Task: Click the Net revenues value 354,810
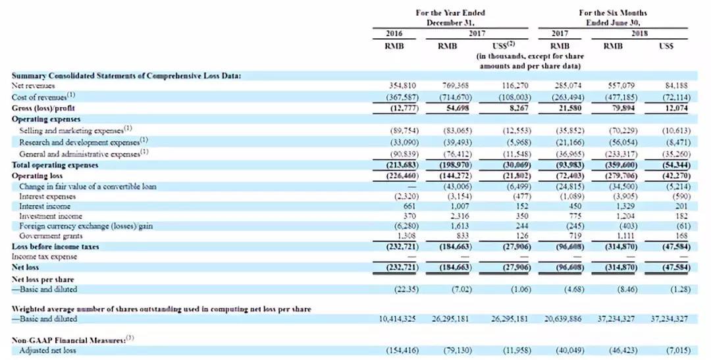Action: click(x=403, y=86)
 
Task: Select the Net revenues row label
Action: click(x=34, y=86)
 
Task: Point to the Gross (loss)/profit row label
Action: click(x=43, y=107)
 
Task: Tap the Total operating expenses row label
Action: click(x=55, y=165)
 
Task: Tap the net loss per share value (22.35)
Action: click(x=403, y=289)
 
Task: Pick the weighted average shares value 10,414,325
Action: click(x=399, y=319)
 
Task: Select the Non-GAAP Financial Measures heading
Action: click(x=68, y=340)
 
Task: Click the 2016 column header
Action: click(x=394, y=33)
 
